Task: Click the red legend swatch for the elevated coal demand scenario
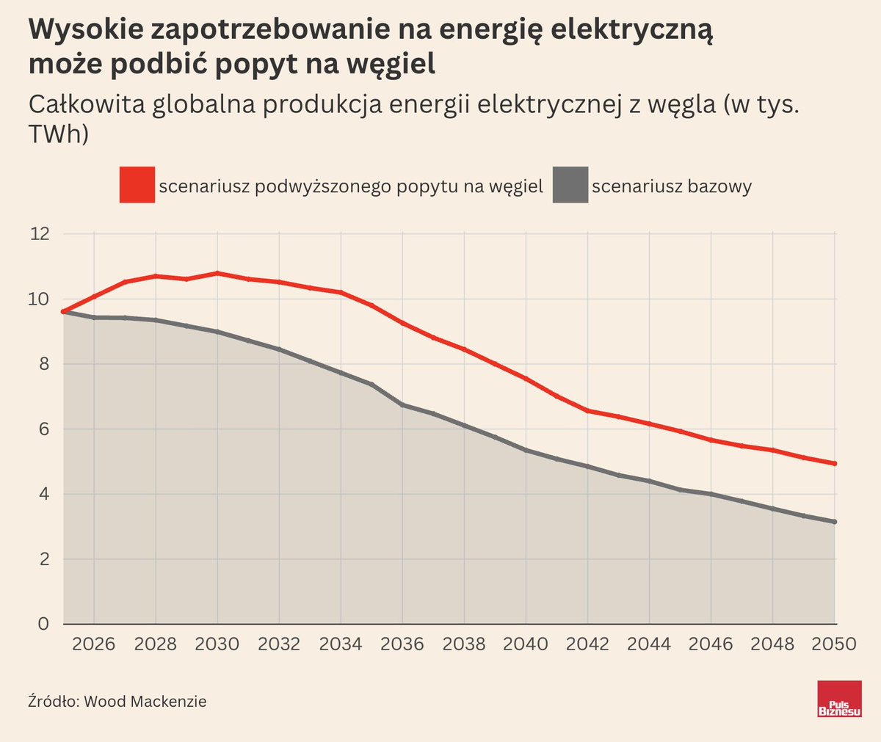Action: [x=137, y=185]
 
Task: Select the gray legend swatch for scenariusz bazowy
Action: [x=570, y=185]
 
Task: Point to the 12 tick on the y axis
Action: [x=40, y=234]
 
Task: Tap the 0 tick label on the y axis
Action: [x=44, y=624]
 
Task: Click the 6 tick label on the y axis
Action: [x=44, y=429]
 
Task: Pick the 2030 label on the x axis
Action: [x=217, y=644]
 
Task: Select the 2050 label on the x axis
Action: [x=834, y=644]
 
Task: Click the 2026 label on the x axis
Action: [x=94, y=644]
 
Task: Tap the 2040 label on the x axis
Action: [x=526, y=644]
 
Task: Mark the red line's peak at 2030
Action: [x=217, y=273]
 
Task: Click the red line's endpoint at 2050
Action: [x=835, y=464]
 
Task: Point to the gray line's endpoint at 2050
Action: [x=835, y=522]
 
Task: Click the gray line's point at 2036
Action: [x=402, y=404]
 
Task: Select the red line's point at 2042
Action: [x=587, y=410]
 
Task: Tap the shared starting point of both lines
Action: [x=64, y=312]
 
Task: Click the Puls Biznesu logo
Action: [x=839, y=699]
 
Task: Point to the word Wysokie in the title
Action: [x=84, y=31]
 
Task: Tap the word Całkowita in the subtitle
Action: [x=86, y=105]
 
